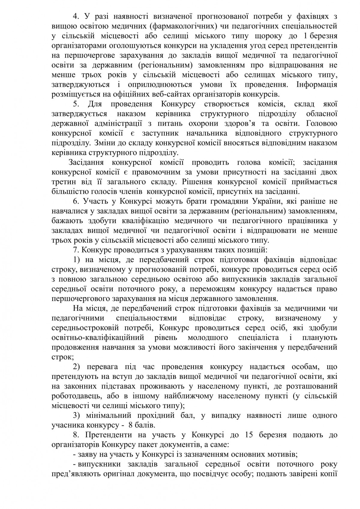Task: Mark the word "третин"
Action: point(62,182)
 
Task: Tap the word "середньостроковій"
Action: point(88,328)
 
